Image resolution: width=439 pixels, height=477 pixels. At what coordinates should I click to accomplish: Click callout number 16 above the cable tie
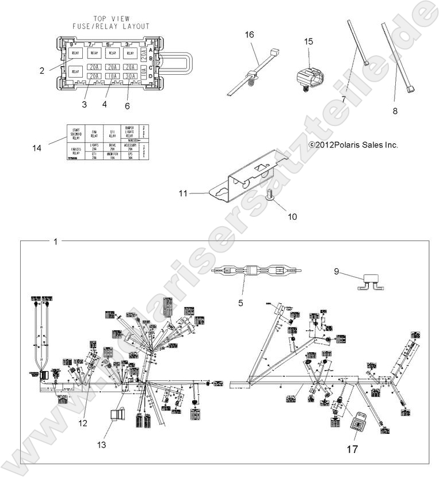[249, 35]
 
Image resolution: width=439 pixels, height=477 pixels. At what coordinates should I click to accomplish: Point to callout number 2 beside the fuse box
[42, 71]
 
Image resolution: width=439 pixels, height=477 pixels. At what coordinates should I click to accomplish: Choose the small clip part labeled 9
[368, 283]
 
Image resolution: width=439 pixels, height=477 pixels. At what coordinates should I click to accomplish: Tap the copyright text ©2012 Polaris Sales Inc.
[353, 146]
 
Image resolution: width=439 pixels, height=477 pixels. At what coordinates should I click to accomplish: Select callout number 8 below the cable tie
[395, 111]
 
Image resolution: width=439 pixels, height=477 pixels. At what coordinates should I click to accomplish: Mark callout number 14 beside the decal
[37, 148]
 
